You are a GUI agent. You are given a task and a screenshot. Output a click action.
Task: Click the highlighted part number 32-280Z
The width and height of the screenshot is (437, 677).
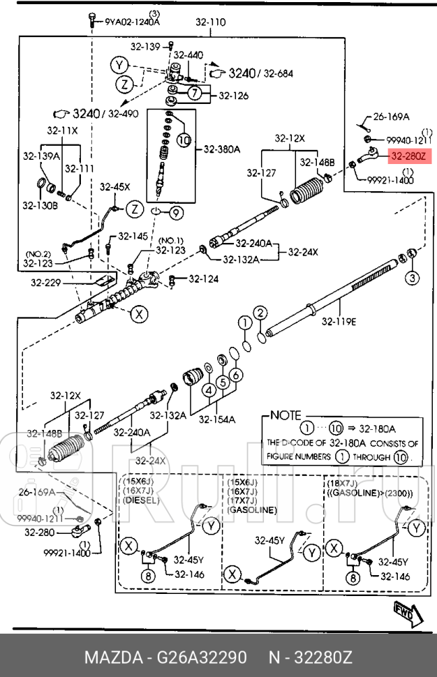point(407,157)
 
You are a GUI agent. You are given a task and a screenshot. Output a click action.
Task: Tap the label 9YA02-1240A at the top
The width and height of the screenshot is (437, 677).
point(133,21)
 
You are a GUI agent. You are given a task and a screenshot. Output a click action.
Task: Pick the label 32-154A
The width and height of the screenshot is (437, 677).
point(216,419)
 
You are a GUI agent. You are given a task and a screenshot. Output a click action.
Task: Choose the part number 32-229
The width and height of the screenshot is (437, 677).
point(45,283)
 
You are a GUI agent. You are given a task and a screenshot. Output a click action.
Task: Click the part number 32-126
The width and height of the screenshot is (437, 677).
point(233,96)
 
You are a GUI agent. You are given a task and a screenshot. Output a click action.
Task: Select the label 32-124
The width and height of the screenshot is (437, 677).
point(202,279)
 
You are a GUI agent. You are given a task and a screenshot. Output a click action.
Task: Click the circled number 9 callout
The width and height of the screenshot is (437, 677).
point(175,212)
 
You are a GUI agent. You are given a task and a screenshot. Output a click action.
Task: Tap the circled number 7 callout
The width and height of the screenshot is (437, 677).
point(195,94)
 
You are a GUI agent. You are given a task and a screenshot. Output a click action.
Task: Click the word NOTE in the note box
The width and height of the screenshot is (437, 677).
point(286,415)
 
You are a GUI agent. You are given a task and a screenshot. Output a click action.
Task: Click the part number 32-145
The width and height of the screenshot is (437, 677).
point(133,236)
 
